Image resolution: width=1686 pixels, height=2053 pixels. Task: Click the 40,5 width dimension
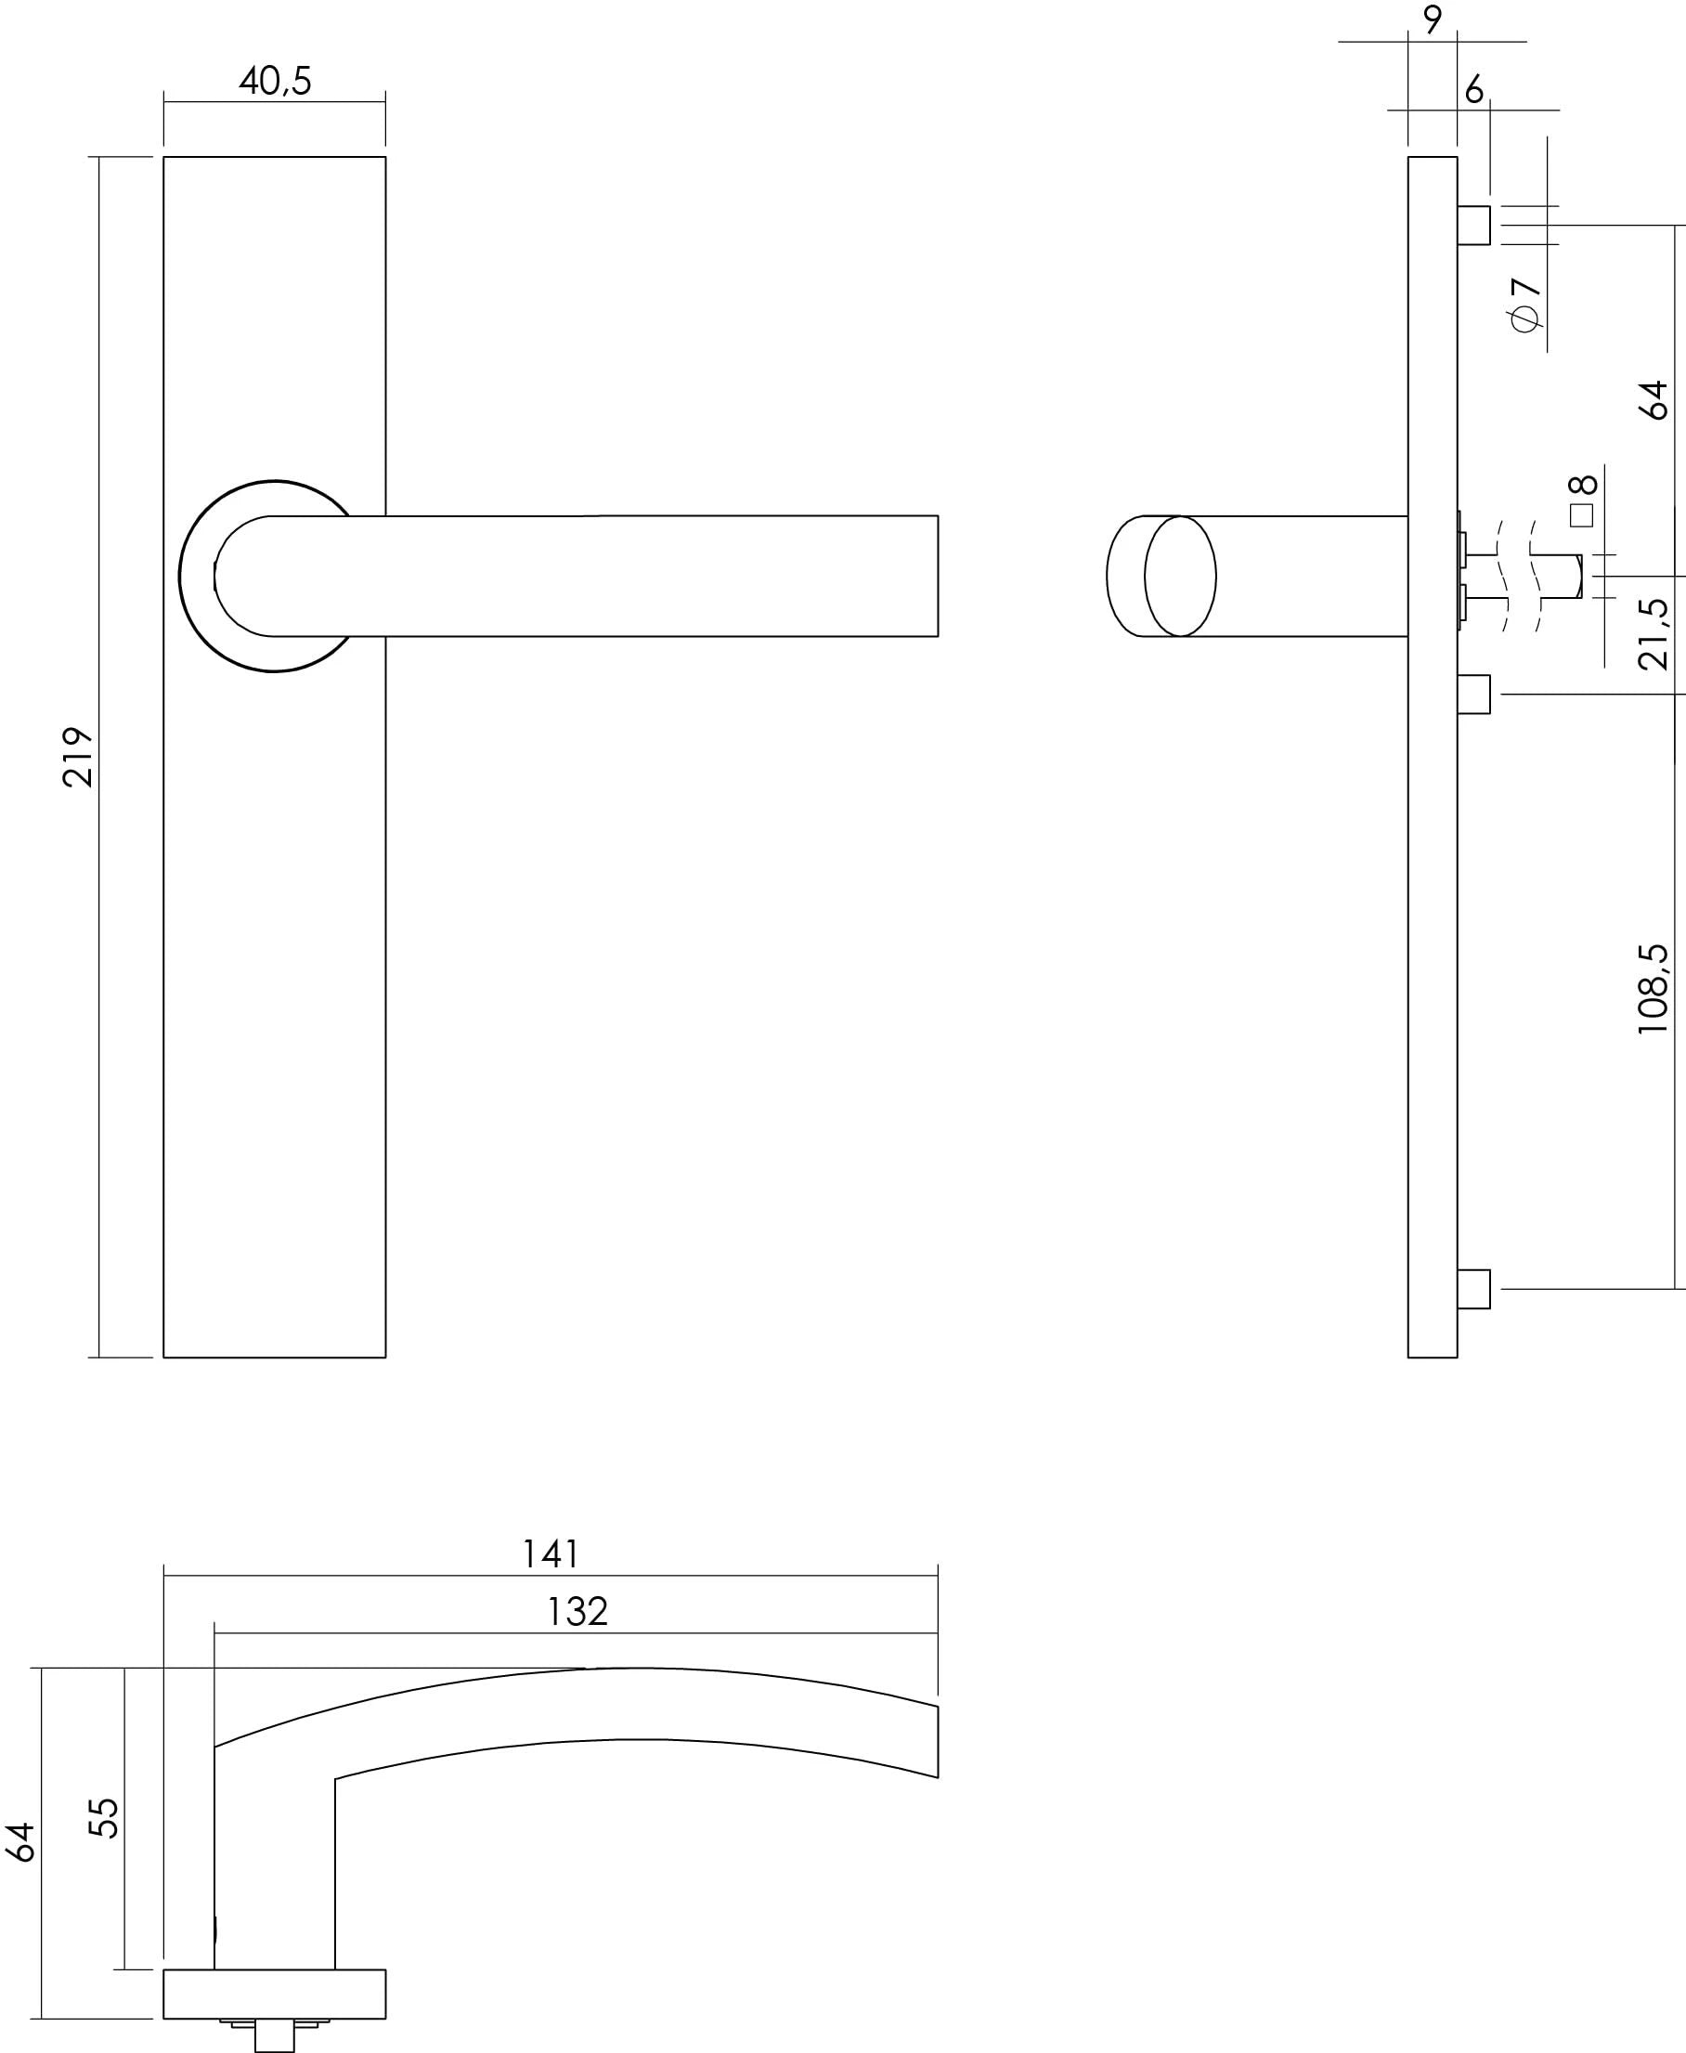(x=275, y=81)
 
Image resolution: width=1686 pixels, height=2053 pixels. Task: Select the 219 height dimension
(x=78, y=757)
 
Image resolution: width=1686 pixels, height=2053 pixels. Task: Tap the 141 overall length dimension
(x=550, y=1554)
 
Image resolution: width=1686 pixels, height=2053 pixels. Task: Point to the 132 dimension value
(x=577, y=1612)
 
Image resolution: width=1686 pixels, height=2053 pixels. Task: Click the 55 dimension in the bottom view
(x=104, y=1818)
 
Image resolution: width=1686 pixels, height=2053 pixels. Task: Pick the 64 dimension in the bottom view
(x=21, y=1842)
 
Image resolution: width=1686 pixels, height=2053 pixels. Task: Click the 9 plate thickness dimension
(x=1433, y=19)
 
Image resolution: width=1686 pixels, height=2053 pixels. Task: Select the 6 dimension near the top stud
(x=1474, y=89)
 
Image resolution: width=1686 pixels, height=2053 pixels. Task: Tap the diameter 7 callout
(x=1525, y=304)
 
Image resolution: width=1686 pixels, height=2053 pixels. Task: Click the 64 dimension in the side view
(x=1654, y=399)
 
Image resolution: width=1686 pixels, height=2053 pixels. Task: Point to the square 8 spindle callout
(x=1582, y=501)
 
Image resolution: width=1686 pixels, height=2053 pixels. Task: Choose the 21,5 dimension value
(x=1654, y=634)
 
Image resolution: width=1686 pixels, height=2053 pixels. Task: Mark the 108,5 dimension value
(x=1653, y=989)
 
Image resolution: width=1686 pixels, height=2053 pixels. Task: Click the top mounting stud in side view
(x=1473, y=226)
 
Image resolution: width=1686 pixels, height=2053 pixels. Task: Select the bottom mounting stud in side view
(x=1473, y=1289)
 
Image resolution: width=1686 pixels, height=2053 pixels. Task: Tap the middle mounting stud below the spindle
(x=1473, y=695)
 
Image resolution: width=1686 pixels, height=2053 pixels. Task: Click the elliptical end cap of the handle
(x=1179, y=576)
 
